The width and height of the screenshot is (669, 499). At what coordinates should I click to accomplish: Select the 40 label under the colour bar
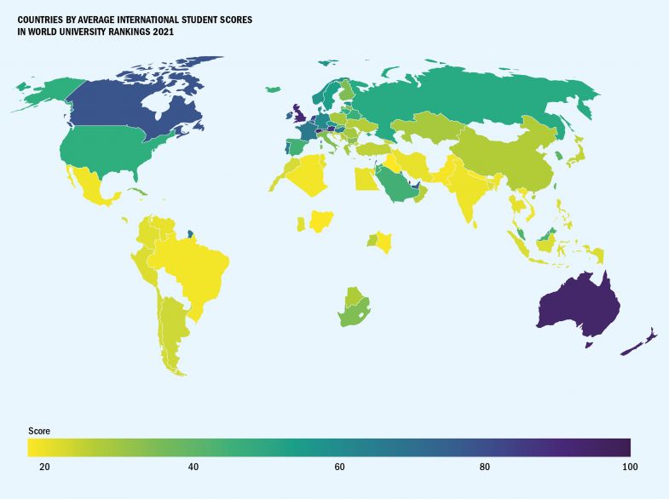coord(193,467)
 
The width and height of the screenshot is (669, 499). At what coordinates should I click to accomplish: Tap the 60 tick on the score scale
coord(339,467)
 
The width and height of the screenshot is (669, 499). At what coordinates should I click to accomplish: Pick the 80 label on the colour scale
coord(485,467)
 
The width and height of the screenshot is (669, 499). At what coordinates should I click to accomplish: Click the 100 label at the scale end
coord(629,467)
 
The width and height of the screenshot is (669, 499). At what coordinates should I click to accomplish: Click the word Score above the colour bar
coord(39,431)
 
